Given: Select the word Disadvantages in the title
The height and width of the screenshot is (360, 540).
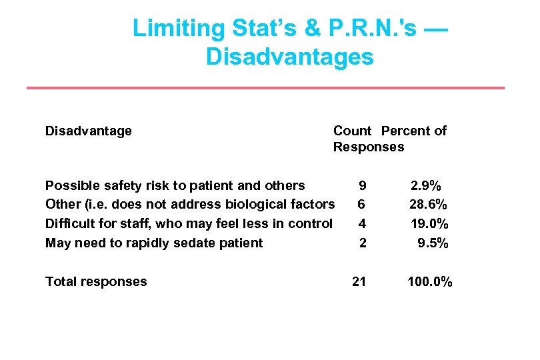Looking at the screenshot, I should click(x=289, y=57).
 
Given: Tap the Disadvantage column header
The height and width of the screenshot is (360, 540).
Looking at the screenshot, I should click(x=88, y=131).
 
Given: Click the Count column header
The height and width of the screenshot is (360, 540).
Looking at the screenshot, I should click(x=352, y=131).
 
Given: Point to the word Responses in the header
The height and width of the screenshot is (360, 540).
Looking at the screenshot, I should click(x=368, y=147).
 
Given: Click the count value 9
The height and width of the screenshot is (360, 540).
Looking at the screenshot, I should click(x=362, y=185).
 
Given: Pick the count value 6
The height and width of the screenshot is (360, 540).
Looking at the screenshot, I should click(x=361, y=204).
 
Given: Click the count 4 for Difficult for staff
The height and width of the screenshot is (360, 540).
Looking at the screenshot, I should click(x=362, y=223).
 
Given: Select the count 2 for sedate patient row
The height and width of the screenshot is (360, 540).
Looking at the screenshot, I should click(x=363, y=243).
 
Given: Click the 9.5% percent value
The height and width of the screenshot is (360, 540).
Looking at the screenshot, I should click(x=433, y=243).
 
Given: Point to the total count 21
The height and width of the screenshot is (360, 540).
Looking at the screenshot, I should click(x=359, y=281).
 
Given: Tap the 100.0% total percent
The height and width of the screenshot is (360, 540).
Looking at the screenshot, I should click(x=430, y=281).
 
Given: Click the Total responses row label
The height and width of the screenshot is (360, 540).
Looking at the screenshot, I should click(x=95, y=281).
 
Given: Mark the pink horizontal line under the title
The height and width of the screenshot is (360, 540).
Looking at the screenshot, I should click(x=265, y=88).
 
